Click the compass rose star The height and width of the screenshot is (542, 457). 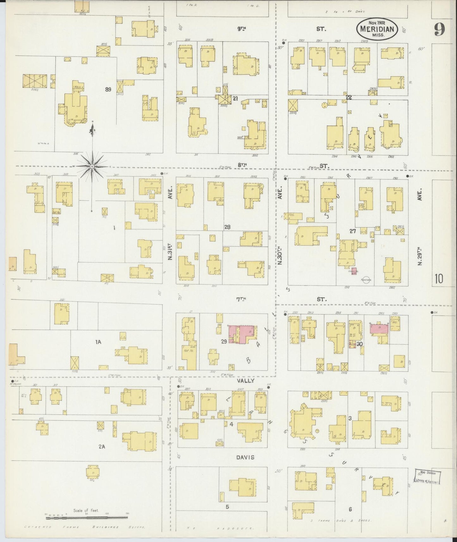(92, 166)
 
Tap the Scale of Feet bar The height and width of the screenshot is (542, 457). (87, 518)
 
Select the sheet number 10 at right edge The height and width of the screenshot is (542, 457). (439, 279)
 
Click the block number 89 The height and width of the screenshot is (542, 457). (108, 89)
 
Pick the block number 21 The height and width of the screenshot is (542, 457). (235, 99)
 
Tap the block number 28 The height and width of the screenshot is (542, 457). (227, 227)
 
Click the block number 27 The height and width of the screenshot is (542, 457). (353, 231)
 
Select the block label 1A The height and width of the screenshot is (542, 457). (98, 342)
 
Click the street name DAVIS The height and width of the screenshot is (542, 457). (244, 457)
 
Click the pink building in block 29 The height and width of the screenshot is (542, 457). (242, 334)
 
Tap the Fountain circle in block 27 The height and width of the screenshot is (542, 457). (366, 280)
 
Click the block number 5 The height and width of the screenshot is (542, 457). (227, 507)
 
